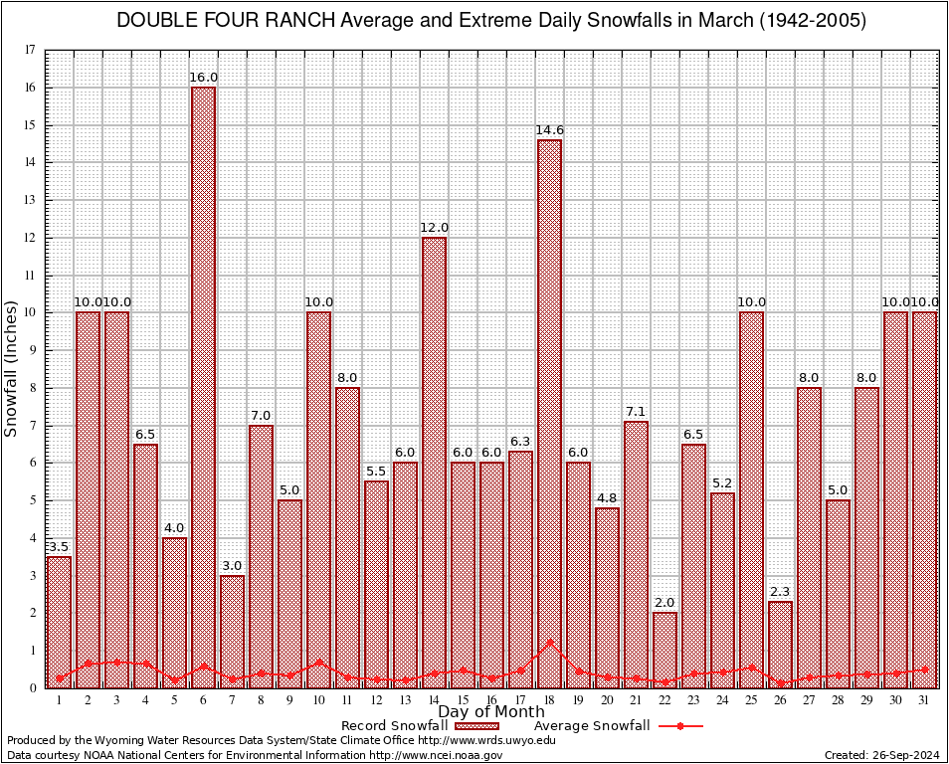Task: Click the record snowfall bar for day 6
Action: tap(203, 388)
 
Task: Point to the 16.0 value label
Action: tap(203, 78)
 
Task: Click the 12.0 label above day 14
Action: tap(434, 228)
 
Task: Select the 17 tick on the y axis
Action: tap(31, 50)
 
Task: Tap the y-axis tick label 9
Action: tap(31, 350)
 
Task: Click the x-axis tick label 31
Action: tap(924, 700)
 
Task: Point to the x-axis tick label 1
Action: tap(59, 700)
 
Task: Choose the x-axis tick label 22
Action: tap(664, 700)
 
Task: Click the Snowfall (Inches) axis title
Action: tap(12, 368)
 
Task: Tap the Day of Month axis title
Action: tap(491, 712)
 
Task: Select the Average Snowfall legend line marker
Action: tap(679, 726)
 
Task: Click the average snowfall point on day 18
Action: tap(549, 643)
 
